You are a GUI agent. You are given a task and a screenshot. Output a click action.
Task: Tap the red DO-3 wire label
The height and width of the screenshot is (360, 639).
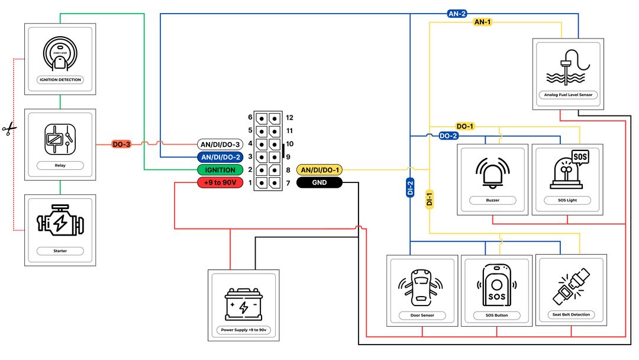(121, 144)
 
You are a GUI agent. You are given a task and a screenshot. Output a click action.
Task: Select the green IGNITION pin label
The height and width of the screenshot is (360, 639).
(220, 170)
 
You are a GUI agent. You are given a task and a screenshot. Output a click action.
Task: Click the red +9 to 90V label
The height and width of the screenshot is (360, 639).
(220, 183)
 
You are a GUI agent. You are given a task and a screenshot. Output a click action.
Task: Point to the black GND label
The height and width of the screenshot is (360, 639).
(319, 183)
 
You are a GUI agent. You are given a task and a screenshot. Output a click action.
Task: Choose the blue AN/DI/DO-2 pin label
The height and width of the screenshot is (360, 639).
(220, 157)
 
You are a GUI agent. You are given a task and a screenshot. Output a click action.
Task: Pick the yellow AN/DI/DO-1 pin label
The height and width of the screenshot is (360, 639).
(319, 170)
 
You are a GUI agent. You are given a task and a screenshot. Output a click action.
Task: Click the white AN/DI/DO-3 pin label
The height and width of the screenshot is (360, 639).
(220, 144)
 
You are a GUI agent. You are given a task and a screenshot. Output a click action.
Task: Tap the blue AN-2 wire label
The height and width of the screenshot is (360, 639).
(456, 13)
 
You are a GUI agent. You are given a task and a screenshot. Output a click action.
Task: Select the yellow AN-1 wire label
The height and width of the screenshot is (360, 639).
(483, 22)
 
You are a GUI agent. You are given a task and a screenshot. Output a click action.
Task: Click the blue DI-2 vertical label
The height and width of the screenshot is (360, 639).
(410, 189)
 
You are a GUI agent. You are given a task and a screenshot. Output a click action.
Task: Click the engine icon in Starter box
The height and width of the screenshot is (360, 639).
(60, 223)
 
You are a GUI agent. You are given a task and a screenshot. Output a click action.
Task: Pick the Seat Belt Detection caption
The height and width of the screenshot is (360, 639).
(571, 314)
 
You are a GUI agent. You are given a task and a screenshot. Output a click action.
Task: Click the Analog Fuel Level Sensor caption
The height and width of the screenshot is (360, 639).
(568, 94)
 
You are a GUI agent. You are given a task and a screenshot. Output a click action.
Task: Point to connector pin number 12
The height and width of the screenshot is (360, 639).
(289, 117)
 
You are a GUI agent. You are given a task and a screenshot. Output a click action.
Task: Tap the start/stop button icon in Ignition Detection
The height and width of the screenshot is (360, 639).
(60, 53)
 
